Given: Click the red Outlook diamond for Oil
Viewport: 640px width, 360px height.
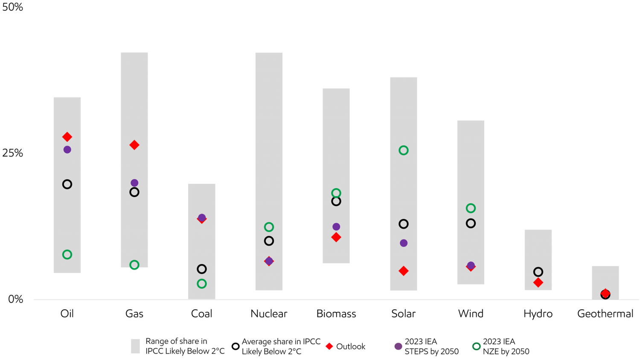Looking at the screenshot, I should pos(67,137).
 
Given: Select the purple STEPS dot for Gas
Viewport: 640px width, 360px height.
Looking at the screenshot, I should pos(134,183).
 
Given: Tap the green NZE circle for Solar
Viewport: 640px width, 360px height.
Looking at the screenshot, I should pos(404,150).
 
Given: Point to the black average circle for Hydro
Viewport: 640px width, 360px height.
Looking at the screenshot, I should pos(538,272).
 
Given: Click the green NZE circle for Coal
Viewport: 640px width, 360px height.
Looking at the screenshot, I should pos(202,284).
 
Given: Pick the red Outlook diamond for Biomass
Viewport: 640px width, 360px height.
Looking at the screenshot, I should pos(336,237).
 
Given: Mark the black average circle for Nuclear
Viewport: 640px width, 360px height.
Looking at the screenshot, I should pos(269,241).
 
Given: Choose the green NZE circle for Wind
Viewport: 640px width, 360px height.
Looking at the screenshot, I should pos(471,208).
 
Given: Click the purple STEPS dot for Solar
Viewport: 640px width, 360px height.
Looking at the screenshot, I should pos(404,243).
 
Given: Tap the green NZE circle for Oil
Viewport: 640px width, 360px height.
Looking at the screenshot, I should pos(67,255).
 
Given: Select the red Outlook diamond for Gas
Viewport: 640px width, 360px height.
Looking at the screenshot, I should pos(134,145).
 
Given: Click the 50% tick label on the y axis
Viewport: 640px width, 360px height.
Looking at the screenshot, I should pos(13,7).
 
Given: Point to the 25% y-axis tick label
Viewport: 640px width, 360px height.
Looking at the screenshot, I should pos(13,153).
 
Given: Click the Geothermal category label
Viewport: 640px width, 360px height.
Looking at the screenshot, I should pos(605,314).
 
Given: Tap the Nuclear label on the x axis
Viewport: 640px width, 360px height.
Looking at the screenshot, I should pos(269,314).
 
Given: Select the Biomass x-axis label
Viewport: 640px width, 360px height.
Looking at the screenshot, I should pos(336,314).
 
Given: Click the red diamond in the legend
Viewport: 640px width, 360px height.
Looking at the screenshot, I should pos(329,346).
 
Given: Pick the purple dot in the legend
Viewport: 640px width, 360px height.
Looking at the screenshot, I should pos(398,346).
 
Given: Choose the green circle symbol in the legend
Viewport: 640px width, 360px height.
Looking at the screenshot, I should pos(477,346).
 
